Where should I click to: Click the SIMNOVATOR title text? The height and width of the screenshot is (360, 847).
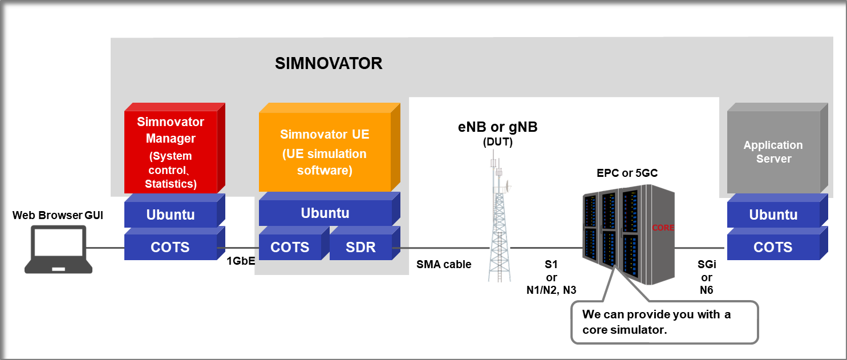coord(329,63)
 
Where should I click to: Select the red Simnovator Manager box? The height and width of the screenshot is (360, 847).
coord(171,152)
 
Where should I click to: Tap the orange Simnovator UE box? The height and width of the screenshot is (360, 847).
coord(325,152)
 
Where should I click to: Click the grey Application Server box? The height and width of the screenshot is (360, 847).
coord(773,152)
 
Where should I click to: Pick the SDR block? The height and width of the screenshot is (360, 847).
coord(360,247)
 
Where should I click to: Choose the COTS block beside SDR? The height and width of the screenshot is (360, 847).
coord(290,247)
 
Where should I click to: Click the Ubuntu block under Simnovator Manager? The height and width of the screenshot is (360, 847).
coord(171,215)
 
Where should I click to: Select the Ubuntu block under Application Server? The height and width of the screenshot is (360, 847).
coord(773,215)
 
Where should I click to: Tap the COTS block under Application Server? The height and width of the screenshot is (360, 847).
coord(773,247)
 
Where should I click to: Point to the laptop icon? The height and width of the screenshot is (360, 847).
coord(59,249)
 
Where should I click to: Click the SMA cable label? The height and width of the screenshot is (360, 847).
coord(444,264)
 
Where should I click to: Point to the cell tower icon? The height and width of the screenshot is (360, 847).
coord(497,223)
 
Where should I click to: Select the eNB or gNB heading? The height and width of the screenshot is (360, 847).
coord(497,128)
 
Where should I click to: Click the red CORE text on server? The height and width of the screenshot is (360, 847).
coord(663,228)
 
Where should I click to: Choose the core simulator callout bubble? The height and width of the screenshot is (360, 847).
coord(664,322)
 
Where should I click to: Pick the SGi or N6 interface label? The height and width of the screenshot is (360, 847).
coord(707,278)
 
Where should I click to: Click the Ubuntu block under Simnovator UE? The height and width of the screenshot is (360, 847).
coord(325,213)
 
